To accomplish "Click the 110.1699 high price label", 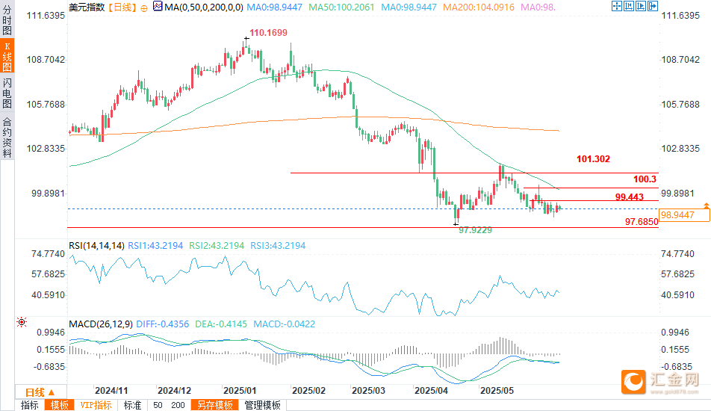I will (268, 33).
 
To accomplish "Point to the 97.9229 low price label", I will (474, 231).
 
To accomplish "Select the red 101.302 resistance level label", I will (594, 159).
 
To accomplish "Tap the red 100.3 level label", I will (644, 179).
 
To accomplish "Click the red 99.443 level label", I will (630, 197).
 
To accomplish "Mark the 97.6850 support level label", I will (641, 222).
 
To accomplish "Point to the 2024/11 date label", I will (112, 391).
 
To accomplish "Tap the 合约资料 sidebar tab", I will (7, 137).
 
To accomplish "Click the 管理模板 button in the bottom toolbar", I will (263, 405).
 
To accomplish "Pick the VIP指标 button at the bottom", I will (96, 405).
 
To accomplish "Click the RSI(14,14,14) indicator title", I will (96, 244).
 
